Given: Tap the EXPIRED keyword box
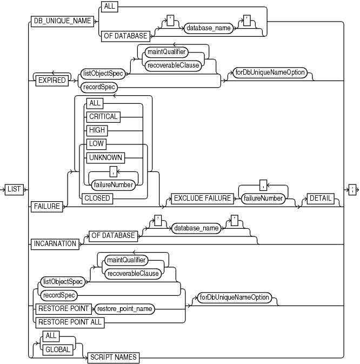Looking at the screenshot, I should coord(51,80).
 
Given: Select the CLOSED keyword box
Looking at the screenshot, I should coord(97,198).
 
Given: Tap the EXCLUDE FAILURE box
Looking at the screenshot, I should coord(201,198).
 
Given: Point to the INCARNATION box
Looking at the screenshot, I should coord(55,243).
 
